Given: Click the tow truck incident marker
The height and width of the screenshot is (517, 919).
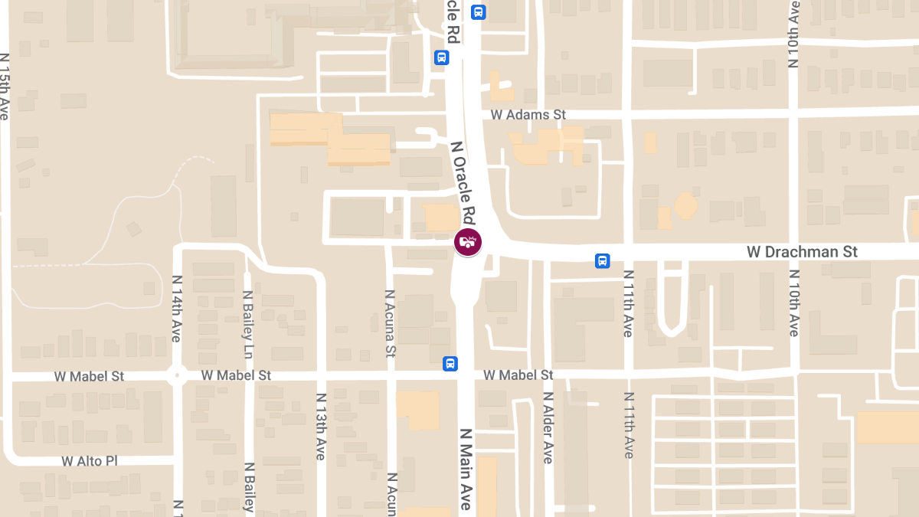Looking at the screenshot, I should pyautogui.click(x=468, y=242).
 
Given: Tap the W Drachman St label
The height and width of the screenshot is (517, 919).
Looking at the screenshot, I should pyautogui.click(x=803, y=252).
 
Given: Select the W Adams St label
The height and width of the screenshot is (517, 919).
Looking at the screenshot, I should pyautogui.click(x=528, y=115).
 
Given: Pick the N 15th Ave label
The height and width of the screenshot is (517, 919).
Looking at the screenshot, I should pyautogui.click(x=5, y=86).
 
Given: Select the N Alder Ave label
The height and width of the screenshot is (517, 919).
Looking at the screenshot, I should pyautogui.click(x=548, y=427).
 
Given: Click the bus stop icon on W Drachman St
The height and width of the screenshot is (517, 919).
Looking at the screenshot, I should pyautogui.click(x=603, y=261).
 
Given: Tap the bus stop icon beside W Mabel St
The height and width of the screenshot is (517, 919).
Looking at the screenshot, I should pyautogui.click(x=450, y=363).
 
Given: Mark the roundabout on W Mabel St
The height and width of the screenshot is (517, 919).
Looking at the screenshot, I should pyautogui.click(x=177, y=376).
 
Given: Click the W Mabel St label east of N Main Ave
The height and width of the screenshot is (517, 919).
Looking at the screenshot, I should pyautogui.click(x=518, y=375).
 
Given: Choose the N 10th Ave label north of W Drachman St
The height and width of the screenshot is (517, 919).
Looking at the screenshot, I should pyautogui.click(x=793, y=36).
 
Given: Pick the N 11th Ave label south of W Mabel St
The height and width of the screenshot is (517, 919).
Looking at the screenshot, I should pyautogui.click(x=629, y=425).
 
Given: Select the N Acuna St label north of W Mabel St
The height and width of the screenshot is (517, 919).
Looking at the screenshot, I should pyautogui.click(x=391, y=324).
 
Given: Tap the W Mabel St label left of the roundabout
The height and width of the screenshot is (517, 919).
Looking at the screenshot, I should pyautogui.click(x=90, y=377).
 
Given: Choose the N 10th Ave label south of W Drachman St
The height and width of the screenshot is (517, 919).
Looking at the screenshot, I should pyautogui.click(x=793, y=303).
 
